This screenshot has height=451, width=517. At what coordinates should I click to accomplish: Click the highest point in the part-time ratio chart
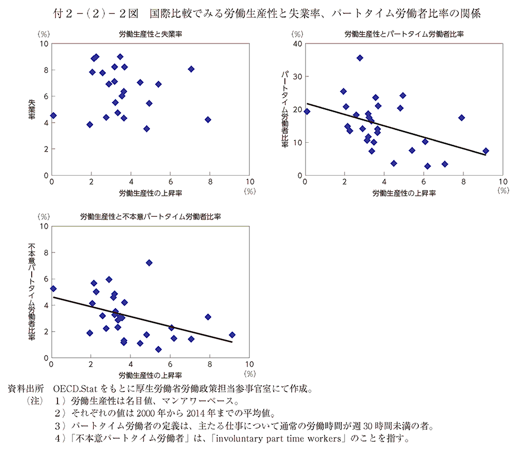pyautogui.click(x=360, y=58)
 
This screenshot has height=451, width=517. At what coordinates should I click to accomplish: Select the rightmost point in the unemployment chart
pyautogui.click(x=208, y=119)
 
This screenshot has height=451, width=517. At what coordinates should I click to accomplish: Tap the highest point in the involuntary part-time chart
pyautogui.click(x=149, y=263)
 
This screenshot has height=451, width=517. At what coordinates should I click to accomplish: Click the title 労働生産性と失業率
pyautogui.click(x=151, y=34)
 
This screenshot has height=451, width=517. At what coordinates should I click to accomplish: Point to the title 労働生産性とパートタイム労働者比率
pyautogui.click(x=404, y=34)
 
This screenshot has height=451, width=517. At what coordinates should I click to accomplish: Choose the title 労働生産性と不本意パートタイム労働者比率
pyautogui.click(x=150, y=216)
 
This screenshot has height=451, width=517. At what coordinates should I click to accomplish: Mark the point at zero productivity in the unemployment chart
pyautogui.click(x=53, y=115)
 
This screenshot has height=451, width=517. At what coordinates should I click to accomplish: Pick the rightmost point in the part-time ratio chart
pyautogui.click(x=485, y=151)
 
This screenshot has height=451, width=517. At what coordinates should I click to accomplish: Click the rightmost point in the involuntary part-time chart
pyautogui.click(x=232, y=335)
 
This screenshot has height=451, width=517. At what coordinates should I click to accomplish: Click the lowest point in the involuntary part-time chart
pyautogui.click(x=158, y=350)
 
